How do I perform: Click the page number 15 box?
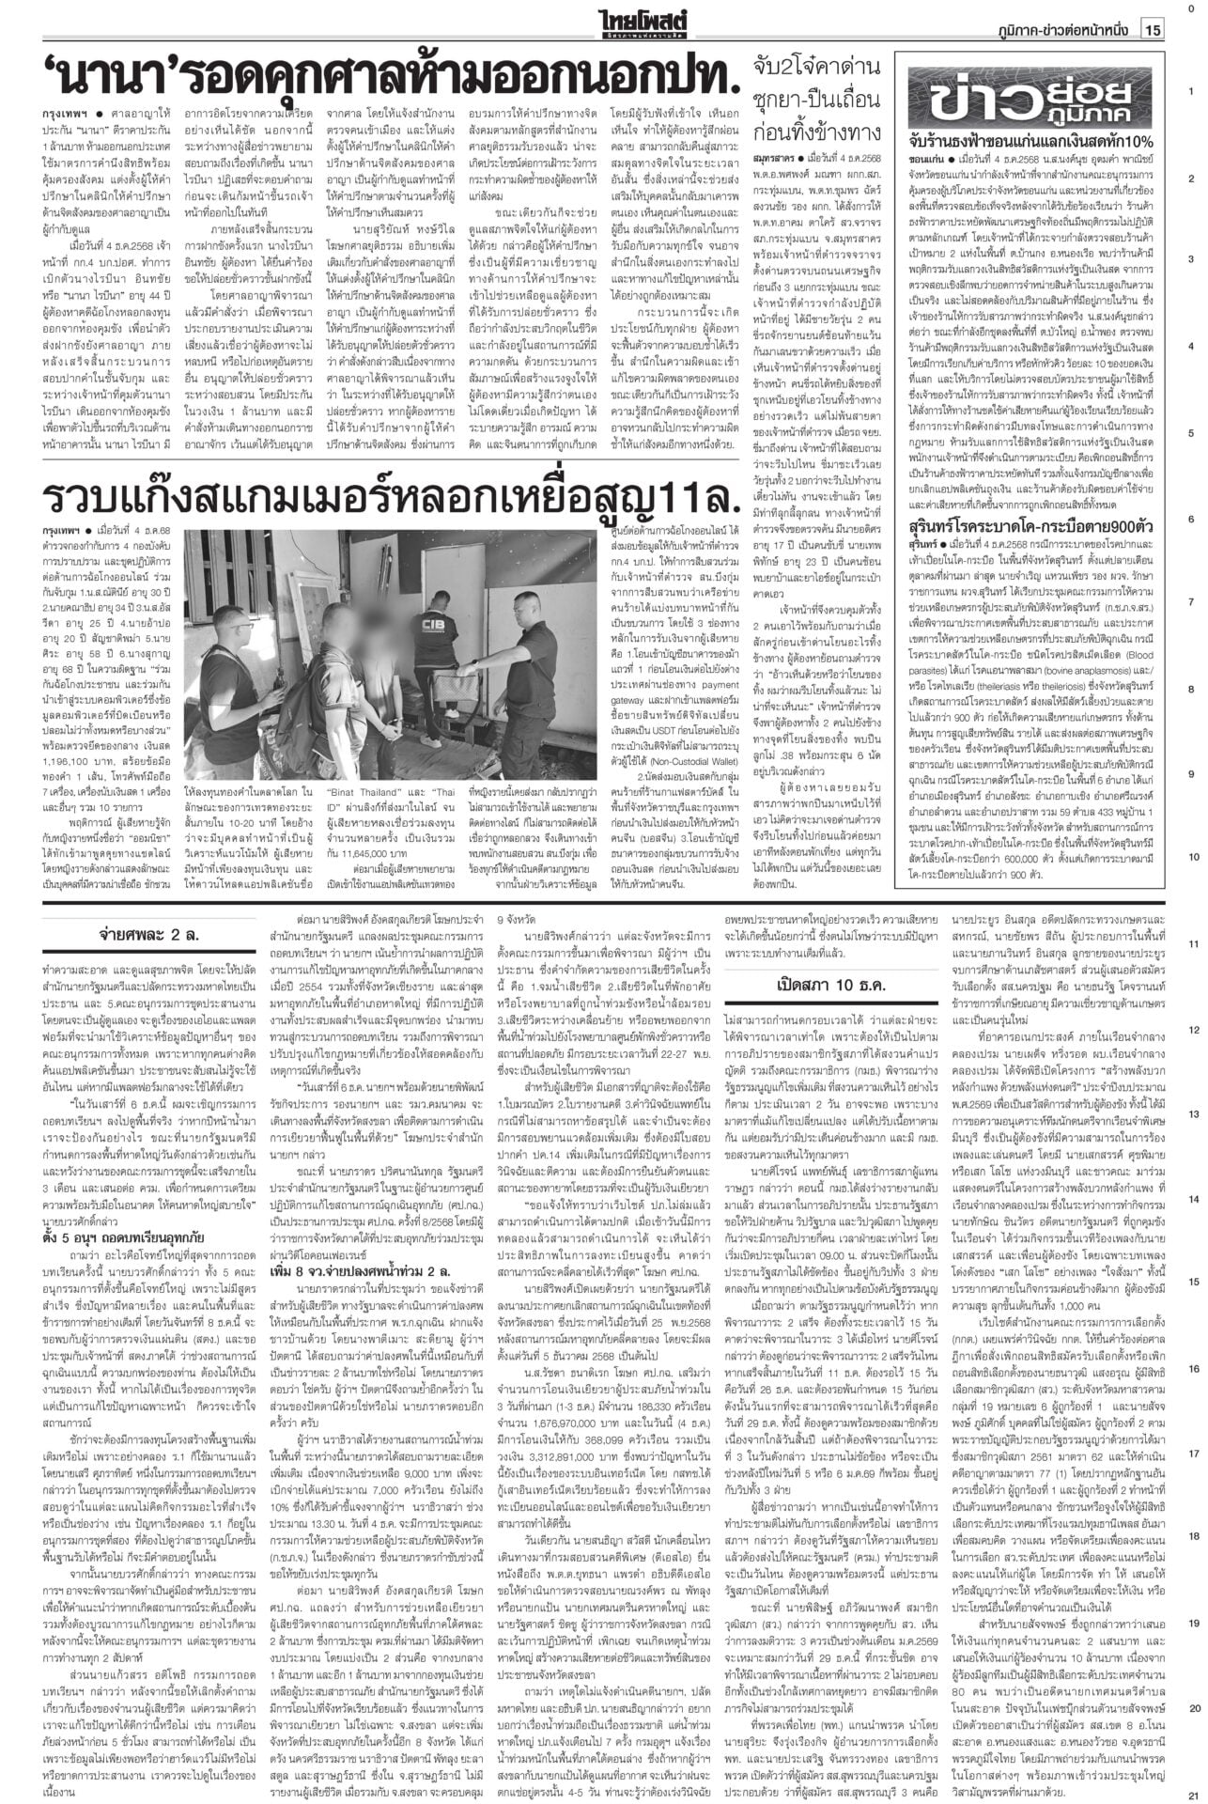[1154, 30]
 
